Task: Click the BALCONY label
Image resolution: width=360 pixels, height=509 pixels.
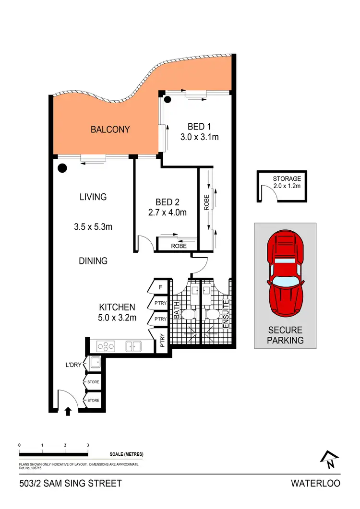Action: tap(110, 130)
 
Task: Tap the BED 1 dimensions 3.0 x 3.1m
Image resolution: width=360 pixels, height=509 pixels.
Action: tap(200, 137)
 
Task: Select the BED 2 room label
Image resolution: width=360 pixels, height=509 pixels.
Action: tap(167, 201)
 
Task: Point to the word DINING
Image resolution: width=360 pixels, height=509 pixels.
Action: tap(93, 261)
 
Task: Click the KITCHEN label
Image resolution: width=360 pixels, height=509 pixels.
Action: tap(117, 307)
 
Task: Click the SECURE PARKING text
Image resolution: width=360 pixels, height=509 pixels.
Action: tap(286, 335)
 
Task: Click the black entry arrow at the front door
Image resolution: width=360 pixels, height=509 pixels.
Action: tap(68, 410)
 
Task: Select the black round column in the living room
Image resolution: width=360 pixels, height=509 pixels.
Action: tap(61, 168)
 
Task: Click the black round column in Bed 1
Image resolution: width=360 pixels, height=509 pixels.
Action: tap(168, 100)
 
